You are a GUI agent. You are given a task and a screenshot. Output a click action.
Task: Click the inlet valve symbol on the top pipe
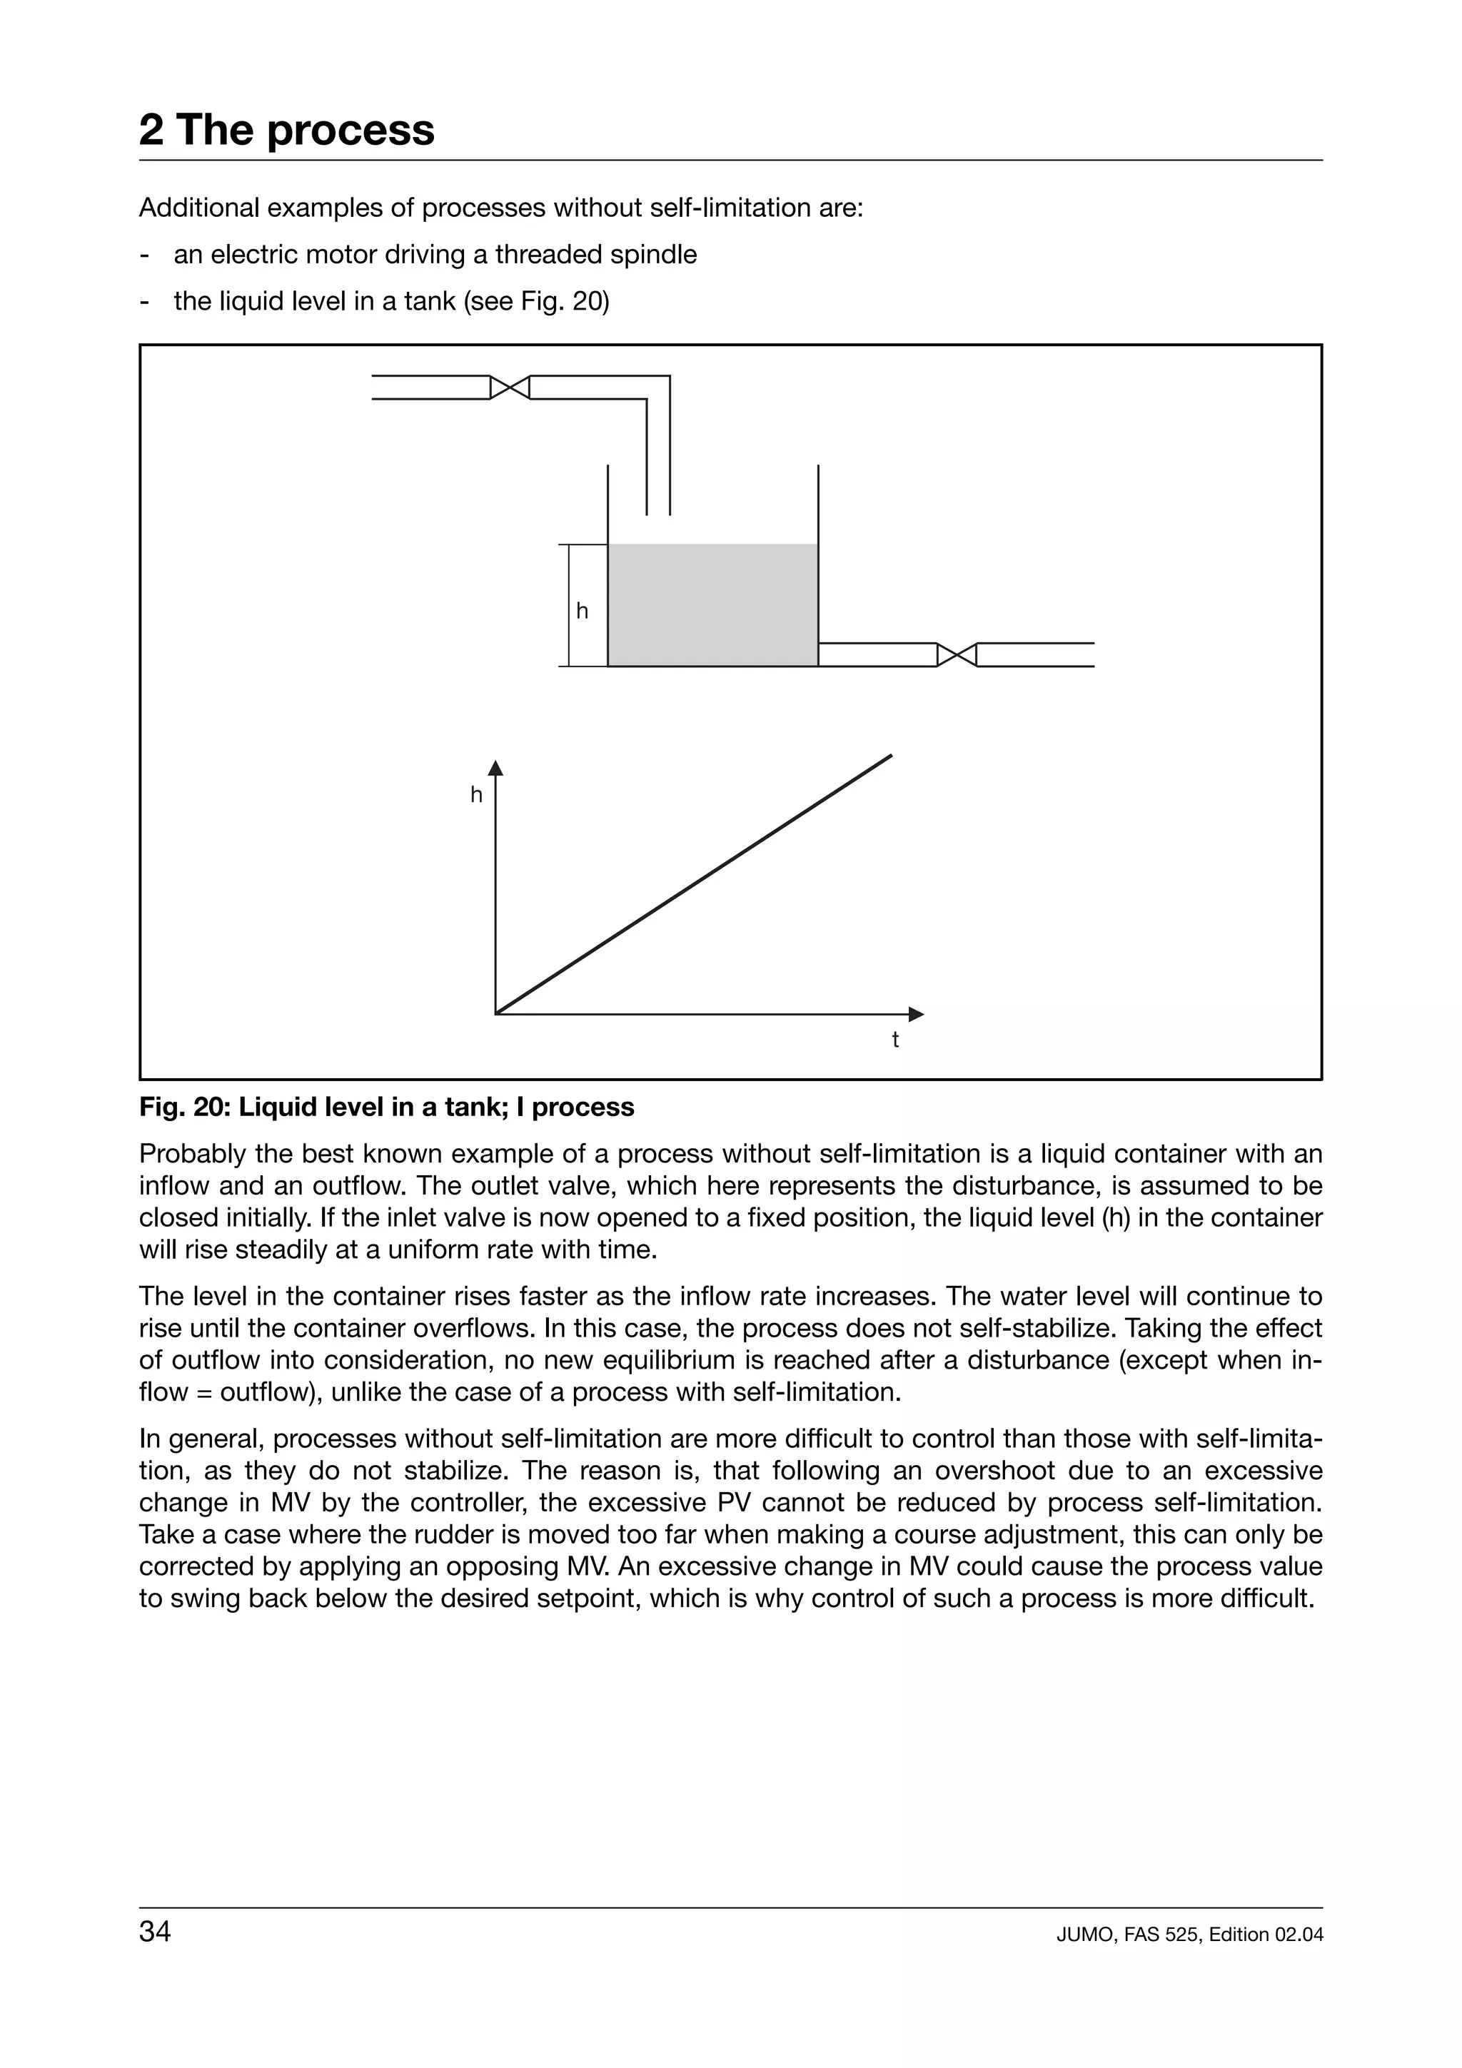pos(509,387)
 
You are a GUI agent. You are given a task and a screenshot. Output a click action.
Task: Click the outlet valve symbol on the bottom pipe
pos(957,655)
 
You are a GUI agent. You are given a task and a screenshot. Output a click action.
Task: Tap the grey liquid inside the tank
pos(712,605)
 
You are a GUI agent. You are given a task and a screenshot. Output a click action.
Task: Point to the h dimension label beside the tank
pos(582,612)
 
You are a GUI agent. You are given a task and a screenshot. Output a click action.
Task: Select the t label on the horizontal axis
pos(894,1040)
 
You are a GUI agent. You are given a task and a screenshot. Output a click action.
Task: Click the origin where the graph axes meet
pos(496,1014)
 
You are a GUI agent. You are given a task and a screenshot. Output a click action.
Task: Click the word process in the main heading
pos(351,130)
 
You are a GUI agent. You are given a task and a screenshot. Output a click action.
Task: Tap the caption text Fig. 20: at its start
pos(186,1107)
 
